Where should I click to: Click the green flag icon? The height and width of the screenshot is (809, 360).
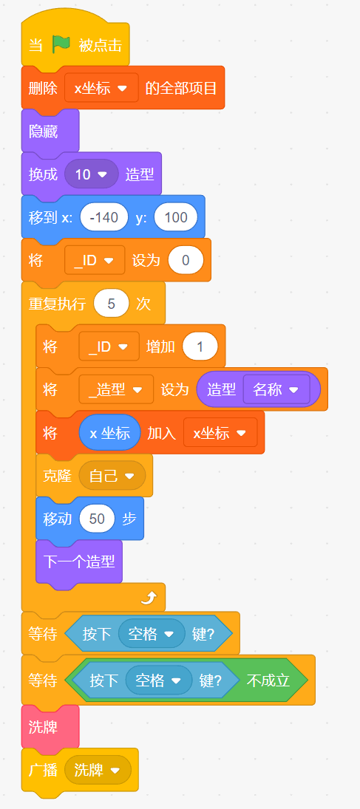tap(61, 45)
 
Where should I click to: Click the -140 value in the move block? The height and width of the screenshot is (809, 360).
tap(103, 217)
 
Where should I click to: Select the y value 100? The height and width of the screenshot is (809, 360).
tap(176, 217)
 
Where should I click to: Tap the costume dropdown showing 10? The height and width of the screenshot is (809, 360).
tap(92, 174)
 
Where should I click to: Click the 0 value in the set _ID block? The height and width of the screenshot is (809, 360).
tap(186, 260)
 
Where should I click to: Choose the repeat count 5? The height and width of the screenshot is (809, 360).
tap(111, 304)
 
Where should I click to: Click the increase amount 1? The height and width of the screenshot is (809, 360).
tap(200, 347)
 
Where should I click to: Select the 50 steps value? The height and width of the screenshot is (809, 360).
tap(97, 519)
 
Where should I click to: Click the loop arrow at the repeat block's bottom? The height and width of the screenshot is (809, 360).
tap(149, 598)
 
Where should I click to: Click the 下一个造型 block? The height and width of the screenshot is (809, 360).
tap(79, 561)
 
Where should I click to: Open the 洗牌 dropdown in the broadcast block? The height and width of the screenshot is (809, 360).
tap(98, 771)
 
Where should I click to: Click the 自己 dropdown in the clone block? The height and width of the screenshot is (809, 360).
tap(112, 475)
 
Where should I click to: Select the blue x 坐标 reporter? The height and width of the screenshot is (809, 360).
tap(109, 433)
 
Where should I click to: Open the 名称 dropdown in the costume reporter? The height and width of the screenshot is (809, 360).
tap(276, 389)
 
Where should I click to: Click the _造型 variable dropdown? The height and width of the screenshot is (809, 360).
tap(116, 389)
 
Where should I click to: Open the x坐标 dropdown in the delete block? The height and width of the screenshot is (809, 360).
tap(101, 88)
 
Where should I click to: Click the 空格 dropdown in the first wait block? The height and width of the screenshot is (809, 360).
tap(152, 633)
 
